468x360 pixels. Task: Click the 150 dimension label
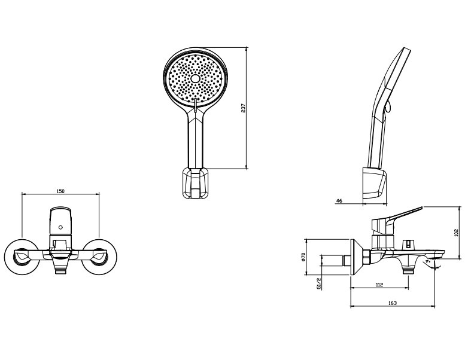(60, 191)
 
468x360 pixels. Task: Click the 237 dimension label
(243, 108)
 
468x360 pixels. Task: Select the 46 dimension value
(339, 201)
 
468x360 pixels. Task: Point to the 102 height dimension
(456, 233)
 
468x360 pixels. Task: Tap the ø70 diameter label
(303, 257)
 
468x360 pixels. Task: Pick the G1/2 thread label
(319, 283)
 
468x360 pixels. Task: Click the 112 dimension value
(379, 285)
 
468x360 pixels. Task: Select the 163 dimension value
(393, 303)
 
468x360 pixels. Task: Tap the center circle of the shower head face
(195, 78)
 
